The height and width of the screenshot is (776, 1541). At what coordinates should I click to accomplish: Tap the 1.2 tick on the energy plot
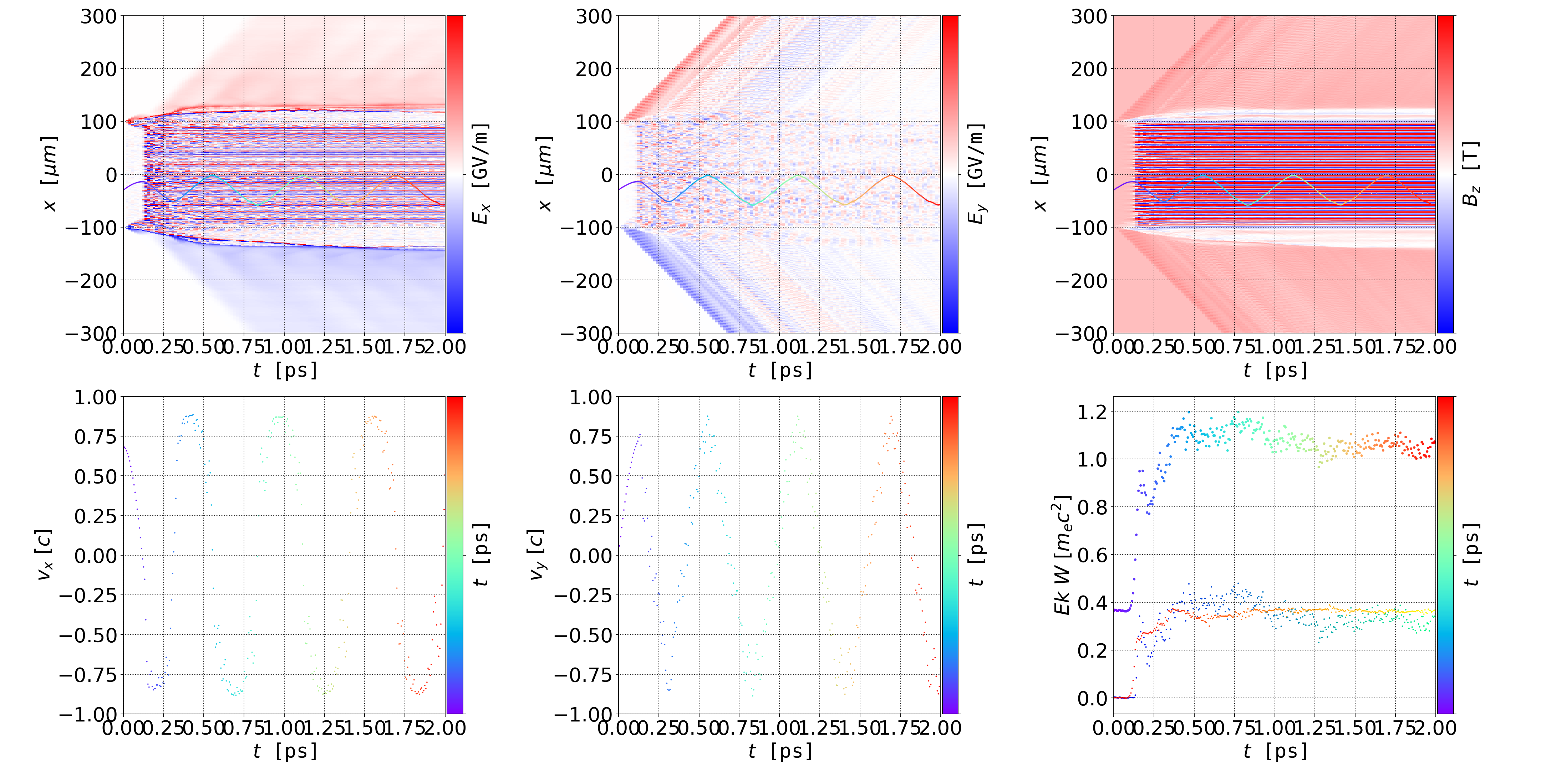click(x=1092, y=412)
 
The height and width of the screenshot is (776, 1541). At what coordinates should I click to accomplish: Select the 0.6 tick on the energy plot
click(x=1092, y=555)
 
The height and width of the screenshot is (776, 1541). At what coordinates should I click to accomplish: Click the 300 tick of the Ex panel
click(x=99, y=17)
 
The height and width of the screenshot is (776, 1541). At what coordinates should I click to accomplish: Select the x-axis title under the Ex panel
click(x=285, y=371)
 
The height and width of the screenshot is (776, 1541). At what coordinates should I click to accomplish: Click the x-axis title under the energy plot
click(x=1275, y=751)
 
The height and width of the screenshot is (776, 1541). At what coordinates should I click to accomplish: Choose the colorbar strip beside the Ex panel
click(x=455, y=174)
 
